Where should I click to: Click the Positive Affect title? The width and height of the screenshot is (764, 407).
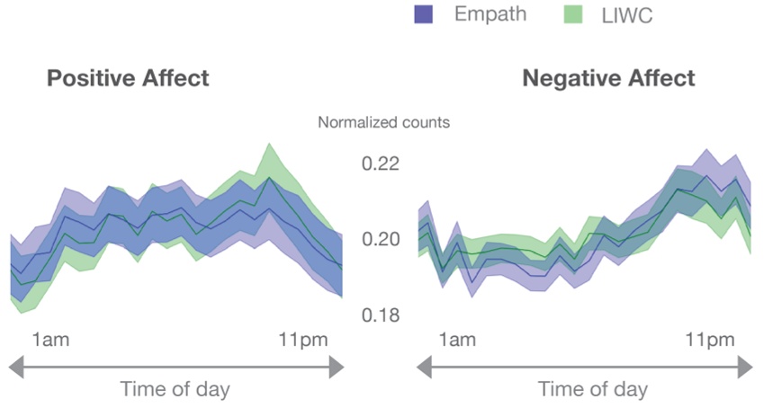(128, 78)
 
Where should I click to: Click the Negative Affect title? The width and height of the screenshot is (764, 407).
(608, 78)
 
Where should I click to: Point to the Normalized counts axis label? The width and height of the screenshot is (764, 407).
(383, 122)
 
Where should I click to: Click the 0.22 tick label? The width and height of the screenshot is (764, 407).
(380, 164)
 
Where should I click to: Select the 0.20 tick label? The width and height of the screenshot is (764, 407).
(380, 240)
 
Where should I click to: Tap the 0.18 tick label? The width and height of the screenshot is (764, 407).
(380, 315)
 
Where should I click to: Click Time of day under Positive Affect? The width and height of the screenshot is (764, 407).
(175, 389)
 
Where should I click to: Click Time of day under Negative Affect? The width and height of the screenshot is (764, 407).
(592, 389)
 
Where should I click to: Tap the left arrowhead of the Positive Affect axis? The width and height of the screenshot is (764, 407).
(15, 367)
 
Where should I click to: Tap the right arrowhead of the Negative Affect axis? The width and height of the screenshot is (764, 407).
(744, 367)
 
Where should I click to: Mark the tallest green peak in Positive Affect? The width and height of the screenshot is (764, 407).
(267, 145)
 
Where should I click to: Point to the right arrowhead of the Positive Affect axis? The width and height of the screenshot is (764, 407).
(336, 367)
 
